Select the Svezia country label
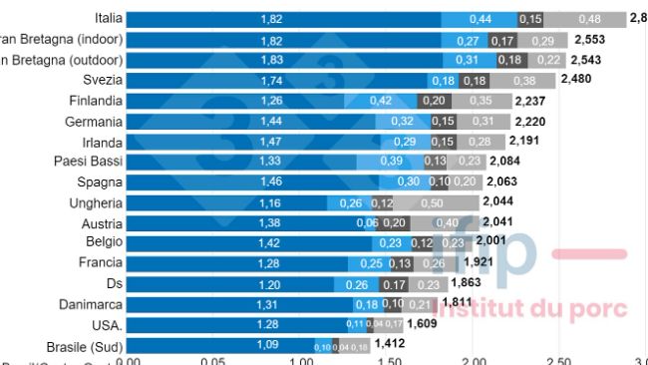pos(102,80)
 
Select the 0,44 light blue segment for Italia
pos(481,19)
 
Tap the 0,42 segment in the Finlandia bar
pos(381,101)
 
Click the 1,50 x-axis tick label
pos(387,359)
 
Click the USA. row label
pos(103,324)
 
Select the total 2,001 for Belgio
pos(490,241)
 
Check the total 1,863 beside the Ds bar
pos(478,283)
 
